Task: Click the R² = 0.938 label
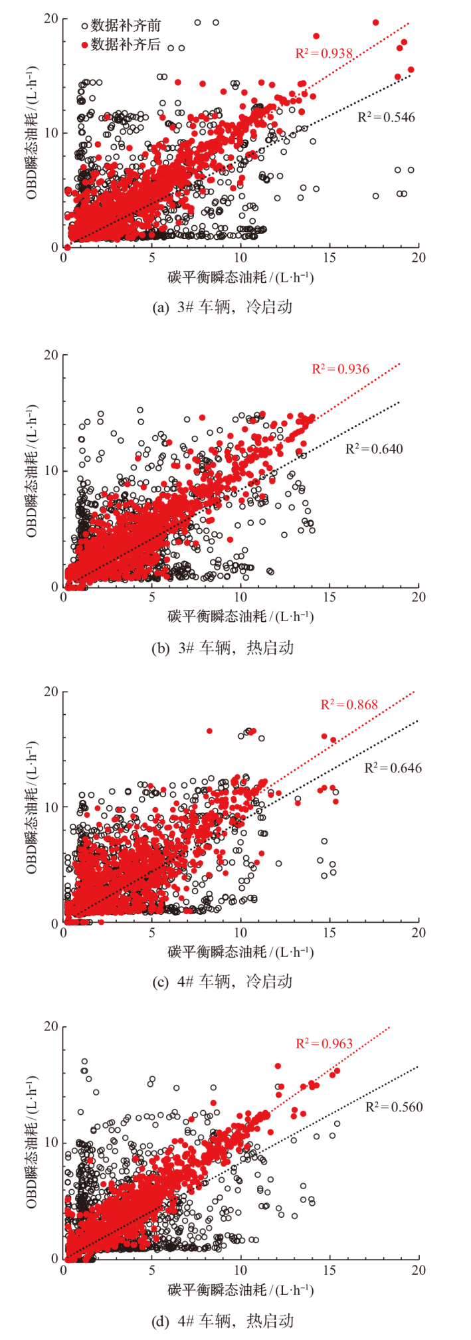324,53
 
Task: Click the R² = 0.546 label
386,118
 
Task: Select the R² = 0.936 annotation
340,369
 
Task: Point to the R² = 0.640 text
374,449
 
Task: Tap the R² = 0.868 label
349,704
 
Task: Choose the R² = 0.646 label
393,768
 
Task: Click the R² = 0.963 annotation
324,1044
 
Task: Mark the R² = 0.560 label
394,1107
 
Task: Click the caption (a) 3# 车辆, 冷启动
223,308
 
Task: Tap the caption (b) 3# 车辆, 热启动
223,648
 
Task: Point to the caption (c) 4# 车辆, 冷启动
223,981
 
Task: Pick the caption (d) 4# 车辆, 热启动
223,1321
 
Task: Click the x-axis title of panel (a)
240,277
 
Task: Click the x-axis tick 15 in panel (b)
330,597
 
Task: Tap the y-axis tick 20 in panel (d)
50,1027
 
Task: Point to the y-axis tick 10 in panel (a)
50,133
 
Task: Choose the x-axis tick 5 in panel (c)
152,933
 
